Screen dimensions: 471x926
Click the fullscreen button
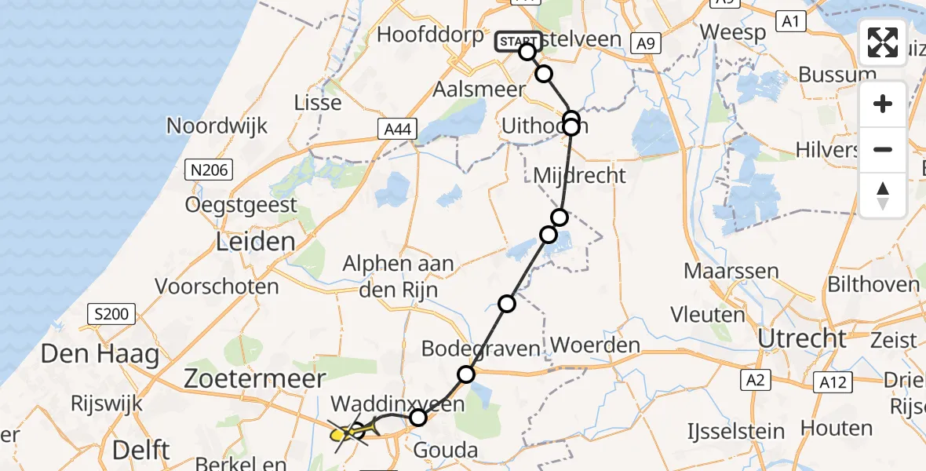tap(883, 42)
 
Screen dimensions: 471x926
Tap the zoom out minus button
tap(883, 150)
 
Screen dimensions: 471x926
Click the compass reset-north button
tap(883, 195)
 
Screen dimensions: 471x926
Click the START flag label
tap(517, 42)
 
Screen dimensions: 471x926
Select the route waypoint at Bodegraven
tap(467, 374)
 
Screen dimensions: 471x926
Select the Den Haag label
tap(100, 355)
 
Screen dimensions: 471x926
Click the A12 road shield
tap(830, 382)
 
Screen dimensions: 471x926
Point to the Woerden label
tap(596, 345)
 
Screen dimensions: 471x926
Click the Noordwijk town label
tap(217, 126)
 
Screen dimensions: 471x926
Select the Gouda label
tap(446, 450)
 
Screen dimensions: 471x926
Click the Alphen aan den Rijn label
tap(398, 276)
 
